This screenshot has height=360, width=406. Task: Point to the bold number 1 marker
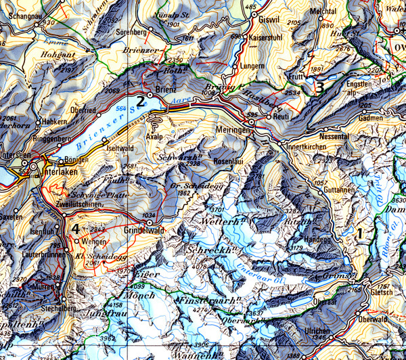(x=361, y=233)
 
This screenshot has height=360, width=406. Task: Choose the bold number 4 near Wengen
(x=76, y=228)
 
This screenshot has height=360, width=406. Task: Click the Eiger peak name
(x=148, y=275)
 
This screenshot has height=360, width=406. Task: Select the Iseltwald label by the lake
(x=120, y=148)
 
